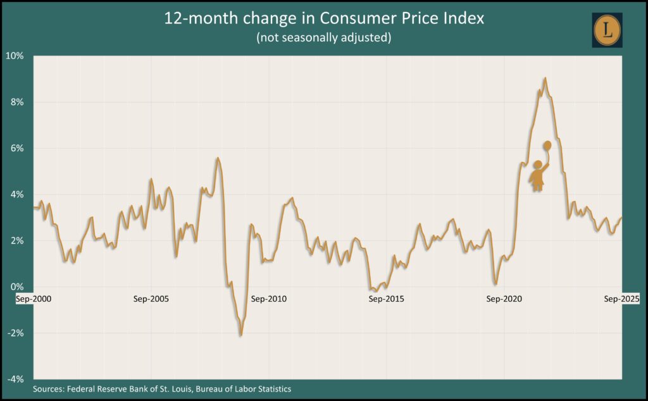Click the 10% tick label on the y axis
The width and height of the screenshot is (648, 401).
point(16,56)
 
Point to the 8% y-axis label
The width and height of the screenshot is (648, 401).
point(18,102)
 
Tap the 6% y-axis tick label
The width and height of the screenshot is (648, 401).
point(18,148)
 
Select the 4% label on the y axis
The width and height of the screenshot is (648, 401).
point(18,194)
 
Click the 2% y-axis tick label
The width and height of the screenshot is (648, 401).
point(18,240)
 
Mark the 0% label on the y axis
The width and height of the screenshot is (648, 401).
point(18,287)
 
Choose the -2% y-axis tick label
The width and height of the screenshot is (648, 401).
point(16,333)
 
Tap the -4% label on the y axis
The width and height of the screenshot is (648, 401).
point(16,379)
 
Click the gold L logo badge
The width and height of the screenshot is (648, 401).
point(607,30)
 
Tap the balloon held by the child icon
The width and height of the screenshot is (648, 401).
point(547,145)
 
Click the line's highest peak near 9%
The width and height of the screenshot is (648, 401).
point(545,78)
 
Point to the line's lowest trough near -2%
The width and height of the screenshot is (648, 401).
point(240,335)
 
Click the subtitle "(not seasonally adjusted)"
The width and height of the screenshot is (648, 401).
point(323,38)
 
